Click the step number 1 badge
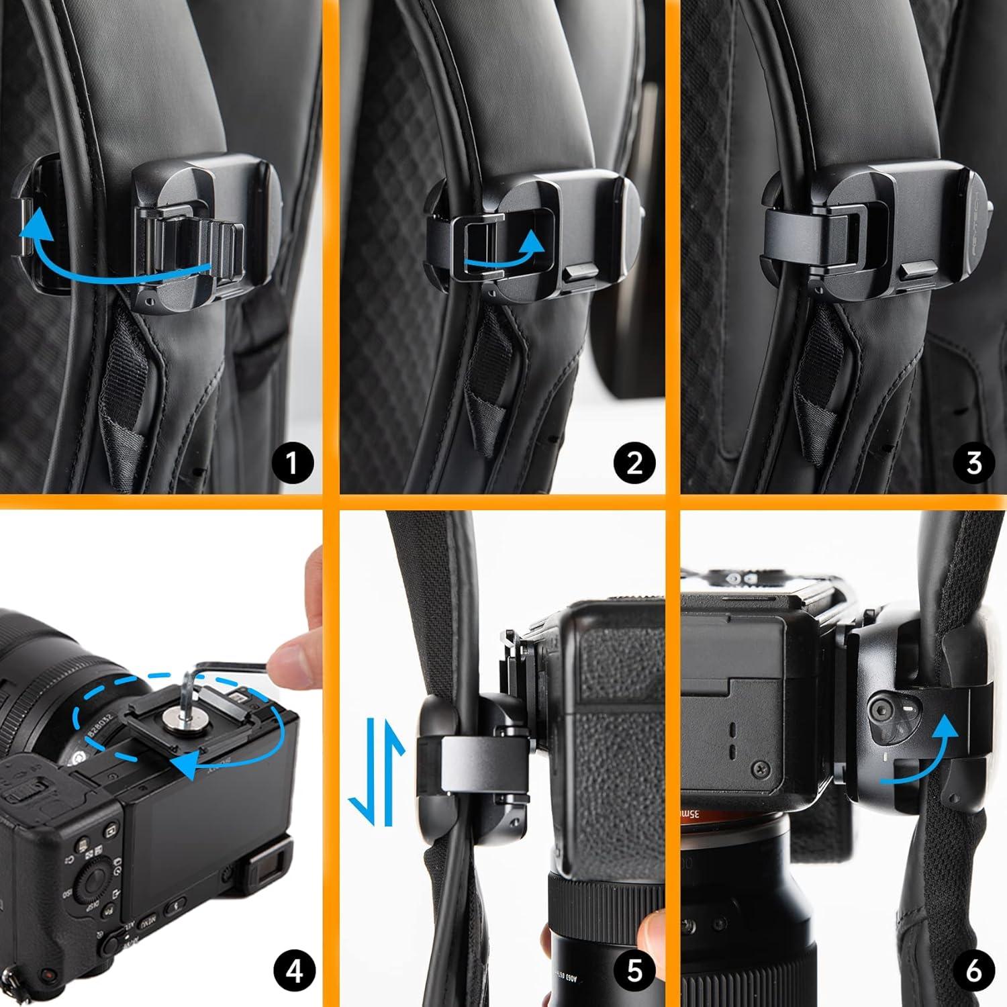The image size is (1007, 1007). point(291,463)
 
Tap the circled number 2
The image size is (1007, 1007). point(634,463)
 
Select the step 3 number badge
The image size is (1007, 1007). point(973,463)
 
